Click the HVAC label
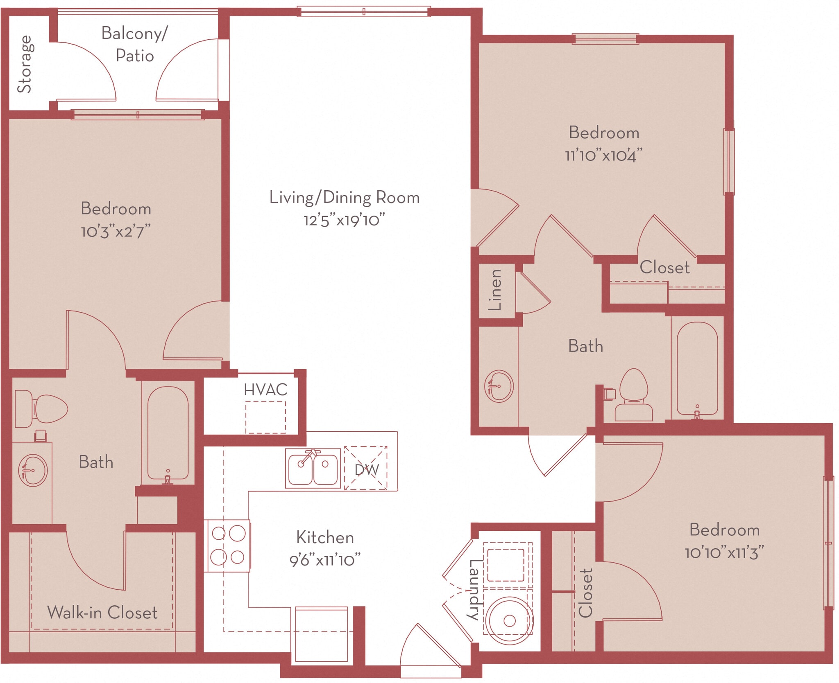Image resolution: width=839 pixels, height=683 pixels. (x=265, y=390)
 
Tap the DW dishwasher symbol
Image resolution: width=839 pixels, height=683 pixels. (x=366, y=469)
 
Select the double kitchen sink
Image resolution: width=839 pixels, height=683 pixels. (x=313, y=469)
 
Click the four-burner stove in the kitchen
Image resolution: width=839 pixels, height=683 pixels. (x=228, y=545)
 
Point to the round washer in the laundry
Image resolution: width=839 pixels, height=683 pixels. (x=509, y=620)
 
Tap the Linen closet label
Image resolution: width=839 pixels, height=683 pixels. (x=495, y=289)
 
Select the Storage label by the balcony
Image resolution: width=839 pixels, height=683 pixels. (x=25, y=64)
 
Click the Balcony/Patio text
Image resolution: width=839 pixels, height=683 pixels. (x=134, y=44)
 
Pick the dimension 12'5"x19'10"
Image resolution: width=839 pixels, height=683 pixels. (x=344, y=221)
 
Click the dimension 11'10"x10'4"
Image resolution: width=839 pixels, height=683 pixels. (x=603, y=156)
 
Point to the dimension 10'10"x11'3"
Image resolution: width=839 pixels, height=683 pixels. (x=724, y=553)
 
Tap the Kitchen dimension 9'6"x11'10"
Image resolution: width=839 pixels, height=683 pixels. (x=325, y=560)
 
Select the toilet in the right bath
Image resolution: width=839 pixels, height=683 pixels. (x=633, y=395)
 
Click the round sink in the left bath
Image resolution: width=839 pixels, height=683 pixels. (x=33, y=470)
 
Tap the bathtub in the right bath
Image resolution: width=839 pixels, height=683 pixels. (x=697, y=368)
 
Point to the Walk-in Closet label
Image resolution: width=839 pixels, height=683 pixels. (x=102, y=613)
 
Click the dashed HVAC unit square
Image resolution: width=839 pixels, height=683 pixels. (x=265, y=417)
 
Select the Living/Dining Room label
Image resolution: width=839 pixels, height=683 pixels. (x=344, y=198)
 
